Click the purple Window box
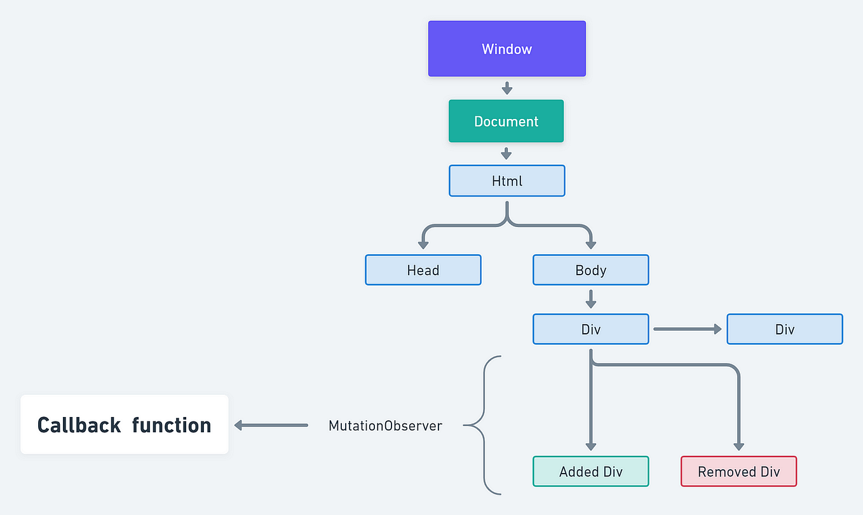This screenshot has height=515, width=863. point(506,49)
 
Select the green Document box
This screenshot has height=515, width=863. point(506,121)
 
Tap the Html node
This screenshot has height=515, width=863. point(506,181)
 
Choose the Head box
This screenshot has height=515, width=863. point(423,270)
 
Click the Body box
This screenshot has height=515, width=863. point(590,270)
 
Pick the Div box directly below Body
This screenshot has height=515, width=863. point(590,329)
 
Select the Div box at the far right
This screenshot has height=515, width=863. point(784,329)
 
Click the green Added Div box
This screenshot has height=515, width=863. point(590,472)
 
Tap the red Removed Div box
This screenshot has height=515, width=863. point(738,472)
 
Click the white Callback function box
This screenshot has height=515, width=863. point(125,425)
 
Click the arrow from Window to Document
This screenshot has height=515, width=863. point(506,88)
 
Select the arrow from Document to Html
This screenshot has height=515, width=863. point(506,153)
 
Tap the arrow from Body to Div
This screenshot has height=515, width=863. point(590,299)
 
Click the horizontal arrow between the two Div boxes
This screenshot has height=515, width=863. point(687,329)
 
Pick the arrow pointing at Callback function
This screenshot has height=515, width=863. point(271,425)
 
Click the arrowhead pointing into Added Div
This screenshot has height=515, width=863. point(590,446)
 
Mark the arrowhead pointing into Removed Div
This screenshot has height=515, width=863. point(738,446)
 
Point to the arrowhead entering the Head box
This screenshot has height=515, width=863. point(423,244)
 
